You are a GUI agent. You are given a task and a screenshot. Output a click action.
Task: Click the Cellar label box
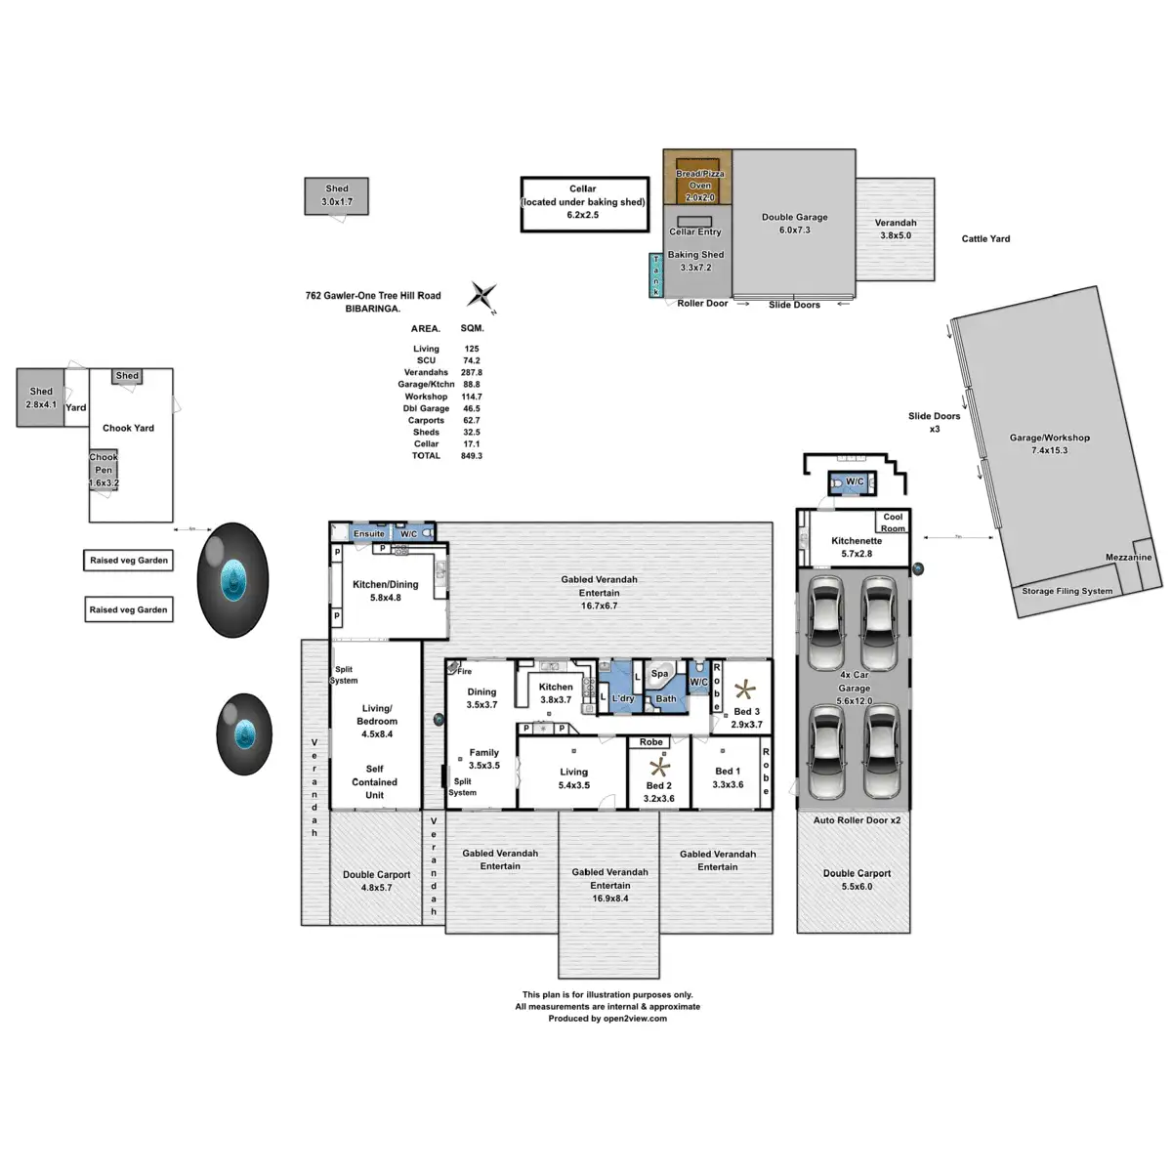point(583,203)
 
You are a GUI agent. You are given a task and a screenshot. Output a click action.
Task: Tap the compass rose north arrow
point(483,294)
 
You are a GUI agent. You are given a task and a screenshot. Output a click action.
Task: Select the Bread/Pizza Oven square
point(698,178)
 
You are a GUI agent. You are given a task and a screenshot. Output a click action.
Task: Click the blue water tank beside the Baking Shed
point(656,275)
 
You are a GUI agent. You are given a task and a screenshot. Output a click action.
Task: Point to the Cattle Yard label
point(985,238)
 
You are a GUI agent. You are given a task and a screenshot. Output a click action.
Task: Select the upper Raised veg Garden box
point(129,561)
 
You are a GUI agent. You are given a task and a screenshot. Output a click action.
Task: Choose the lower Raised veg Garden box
point(129,609)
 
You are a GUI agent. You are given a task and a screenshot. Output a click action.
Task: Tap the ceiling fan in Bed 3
point(746,690)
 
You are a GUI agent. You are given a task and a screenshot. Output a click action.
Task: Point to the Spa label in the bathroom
point(660,674)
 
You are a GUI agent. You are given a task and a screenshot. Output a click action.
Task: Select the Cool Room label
point(893,523)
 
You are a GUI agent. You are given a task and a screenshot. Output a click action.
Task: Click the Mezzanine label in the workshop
point(1128,558)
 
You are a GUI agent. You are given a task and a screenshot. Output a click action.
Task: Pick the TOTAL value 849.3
point(472,456)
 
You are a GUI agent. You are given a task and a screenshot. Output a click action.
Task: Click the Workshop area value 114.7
point(472,397)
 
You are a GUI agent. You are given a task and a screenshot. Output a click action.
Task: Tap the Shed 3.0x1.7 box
point(337,195)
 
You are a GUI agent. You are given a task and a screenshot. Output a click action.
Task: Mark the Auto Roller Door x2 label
point(857,820)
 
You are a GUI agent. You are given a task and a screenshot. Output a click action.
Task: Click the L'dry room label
point(623,698)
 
